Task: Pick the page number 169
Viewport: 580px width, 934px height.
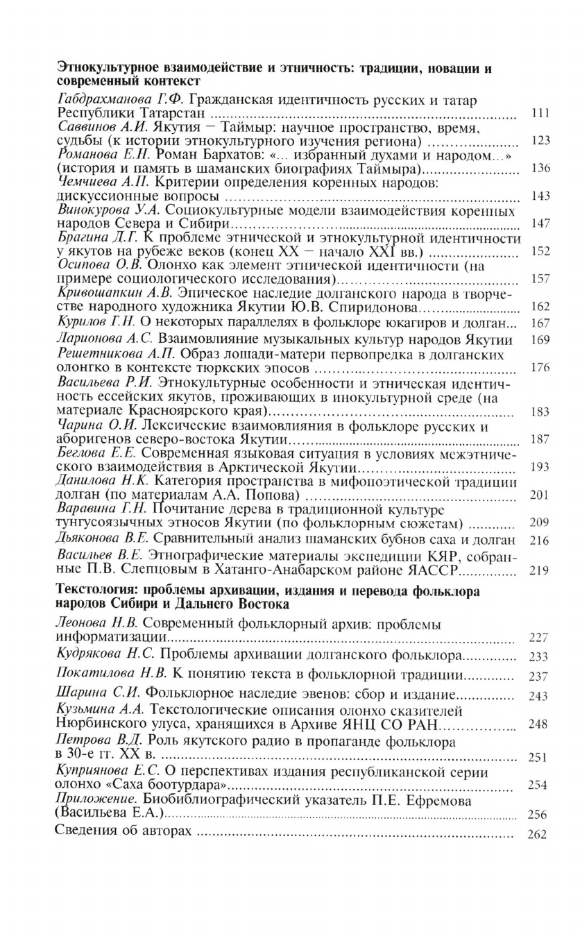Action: (x=539, y=341)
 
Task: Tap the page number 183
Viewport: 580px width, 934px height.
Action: (x=539, y=412)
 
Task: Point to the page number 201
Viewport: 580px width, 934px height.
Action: (x=539, y=495)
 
